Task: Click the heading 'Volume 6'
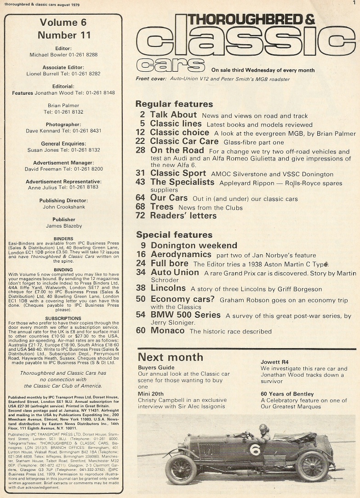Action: (63, 23)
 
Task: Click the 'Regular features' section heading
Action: (174, 104)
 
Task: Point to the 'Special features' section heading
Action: (174, 235)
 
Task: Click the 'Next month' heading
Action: (170, 357)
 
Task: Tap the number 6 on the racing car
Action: (255, 449)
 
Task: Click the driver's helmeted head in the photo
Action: (263, 428)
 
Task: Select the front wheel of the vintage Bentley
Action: (181, 469)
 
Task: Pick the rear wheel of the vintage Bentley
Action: (312, 466)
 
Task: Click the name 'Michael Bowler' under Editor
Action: (48, 55)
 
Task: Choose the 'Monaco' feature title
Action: (167, 331)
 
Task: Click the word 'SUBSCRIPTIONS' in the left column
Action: (63, 318)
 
